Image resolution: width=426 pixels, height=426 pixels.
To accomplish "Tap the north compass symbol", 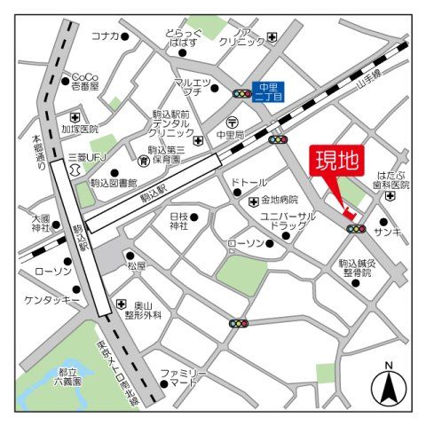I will coord(388,384).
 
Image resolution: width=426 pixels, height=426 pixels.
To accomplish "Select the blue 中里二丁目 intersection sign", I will coord(268,91).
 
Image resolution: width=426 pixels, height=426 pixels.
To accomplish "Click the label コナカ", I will coord(105,36).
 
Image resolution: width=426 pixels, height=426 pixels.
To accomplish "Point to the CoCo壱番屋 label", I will coord(85,81).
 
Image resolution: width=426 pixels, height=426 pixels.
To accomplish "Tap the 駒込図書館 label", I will coord(114,183).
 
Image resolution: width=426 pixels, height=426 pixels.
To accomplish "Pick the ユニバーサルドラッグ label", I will coord(288,221).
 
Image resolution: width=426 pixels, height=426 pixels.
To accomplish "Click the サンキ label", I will coord(387,233).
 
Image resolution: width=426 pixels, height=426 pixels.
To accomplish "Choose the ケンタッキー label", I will coord(51,300).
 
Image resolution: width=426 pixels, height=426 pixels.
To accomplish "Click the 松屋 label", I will coord(136,265).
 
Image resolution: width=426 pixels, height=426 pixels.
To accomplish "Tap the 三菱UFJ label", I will coord(86,160).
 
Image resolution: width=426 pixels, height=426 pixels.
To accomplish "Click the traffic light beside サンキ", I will coord(356,229).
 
